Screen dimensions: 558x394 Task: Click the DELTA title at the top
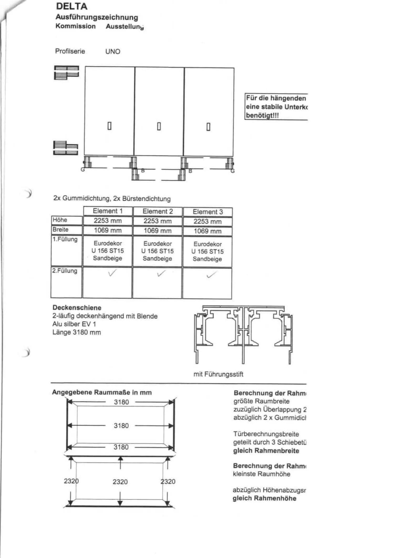click(71, 6)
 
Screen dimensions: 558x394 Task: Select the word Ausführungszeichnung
click(97, 17)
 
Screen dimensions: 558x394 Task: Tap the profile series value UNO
click(113, 51)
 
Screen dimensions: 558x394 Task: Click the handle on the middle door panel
click(159, 126)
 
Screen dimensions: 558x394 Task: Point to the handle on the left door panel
click(110, 126)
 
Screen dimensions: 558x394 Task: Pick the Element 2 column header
click(158, 211)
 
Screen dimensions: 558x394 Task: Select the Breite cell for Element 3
click(208, 231)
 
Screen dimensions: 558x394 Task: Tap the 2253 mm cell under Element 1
click(108, 221)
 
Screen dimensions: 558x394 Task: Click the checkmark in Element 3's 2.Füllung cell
click(211, 274)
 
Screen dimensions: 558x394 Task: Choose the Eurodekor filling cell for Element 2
click(158, 251)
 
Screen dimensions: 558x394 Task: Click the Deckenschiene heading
click(77, 307)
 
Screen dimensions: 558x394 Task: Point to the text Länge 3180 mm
click(76, 332)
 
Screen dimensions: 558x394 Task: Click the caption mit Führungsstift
click(218, 374)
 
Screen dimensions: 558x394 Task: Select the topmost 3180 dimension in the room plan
click(121, 402)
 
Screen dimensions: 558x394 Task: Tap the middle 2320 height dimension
click(120, 482)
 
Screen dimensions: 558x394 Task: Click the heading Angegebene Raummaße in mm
click(102, 392)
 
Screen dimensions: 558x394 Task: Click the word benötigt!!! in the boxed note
click(262, 116)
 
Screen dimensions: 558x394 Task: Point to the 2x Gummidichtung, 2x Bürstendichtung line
click(112, 198)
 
